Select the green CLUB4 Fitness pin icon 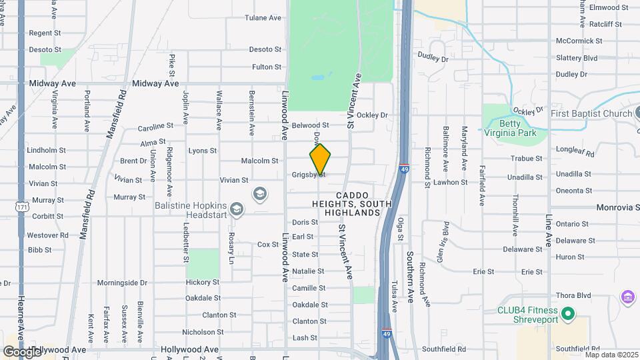tap(567, 313)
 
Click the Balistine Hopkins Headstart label tap(191, 211)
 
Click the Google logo tap(22, 351)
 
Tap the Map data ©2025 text tap(611, 354)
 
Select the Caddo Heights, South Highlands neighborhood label tap(352, 203)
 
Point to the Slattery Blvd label tap(576, 58)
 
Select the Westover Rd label tap(48, 235)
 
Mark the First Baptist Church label tap(591, 113)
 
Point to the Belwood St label tap(311, 125)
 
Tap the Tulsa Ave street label tap(394, 295)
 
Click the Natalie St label tap(308, 271)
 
